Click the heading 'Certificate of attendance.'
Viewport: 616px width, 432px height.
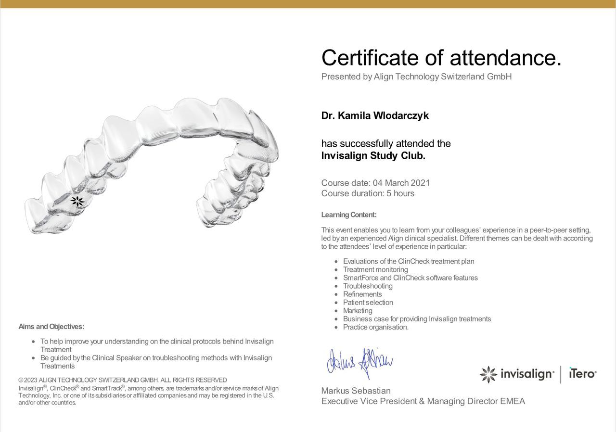click(441, 58)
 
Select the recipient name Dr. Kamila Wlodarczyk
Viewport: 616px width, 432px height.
click(375, 116)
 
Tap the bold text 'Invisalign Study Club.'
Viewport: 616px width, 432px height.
click(373, 155)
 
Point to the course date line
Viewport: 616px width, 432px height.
click(375, 183)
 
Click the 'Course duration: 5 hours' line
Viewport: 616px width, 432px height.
click(368, 193)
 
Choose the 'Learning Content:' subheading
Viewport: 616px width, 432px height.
click(349, 215)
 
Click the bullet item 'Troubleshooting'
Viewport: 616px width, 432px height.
click(368, 286)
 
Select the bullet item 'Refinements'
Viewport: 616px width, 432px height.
click(362, 294)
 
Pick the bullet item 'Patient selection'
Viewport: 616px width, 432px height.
click(368, 302)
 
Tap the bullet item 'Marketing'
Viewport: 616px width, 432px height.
click(358, 310)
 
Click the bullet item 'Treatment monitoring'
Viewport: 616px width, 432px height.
click(375, 269)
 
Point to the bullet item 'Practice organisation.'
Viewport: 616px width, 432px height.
click(376, 327)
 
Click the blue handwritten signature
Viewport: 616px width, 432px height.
click(359, 362)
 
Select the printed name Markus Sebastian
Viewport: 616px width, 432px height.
click(356, 391)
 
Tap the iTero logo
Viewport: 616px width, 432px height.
click(582, 373)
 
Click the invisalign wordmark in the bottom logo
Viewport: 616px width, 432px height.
click(527, 374)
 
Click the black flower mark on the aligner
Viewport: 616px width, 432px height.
click(77, 202)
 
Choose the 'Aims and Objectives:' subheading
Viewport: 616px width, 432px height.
click(51, 327)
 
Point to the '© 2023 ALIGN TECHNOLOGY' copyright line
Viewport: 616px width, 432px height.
click(123, 380)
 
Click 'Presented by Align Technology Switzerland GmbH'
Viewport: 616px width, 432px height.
click(416, 76)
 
